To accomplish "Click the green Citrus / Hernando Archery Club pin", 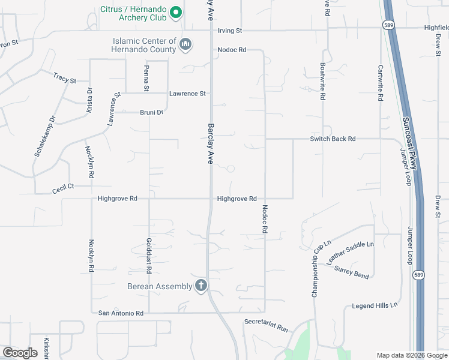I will tap(176, 12).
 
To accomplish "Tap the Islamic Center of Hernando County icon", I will tap(185, 44).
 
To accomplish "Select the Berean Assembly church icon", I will tap(201, 286).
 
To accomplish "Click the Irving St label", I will tap(229, 30).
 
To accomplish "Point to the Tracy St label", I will tap(65, 78).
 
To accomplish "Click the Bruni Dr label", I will tap(152, 112).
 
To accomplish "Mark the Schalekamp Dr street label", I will tap(44, 136).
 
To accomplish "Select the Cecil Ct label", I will tap(63, 187).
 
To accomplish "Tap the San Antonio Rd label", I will tap(121, 313).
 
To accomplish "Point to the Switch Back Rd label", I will tap(333, 139).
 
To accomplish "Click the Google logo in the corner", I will tap(20, 353).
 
